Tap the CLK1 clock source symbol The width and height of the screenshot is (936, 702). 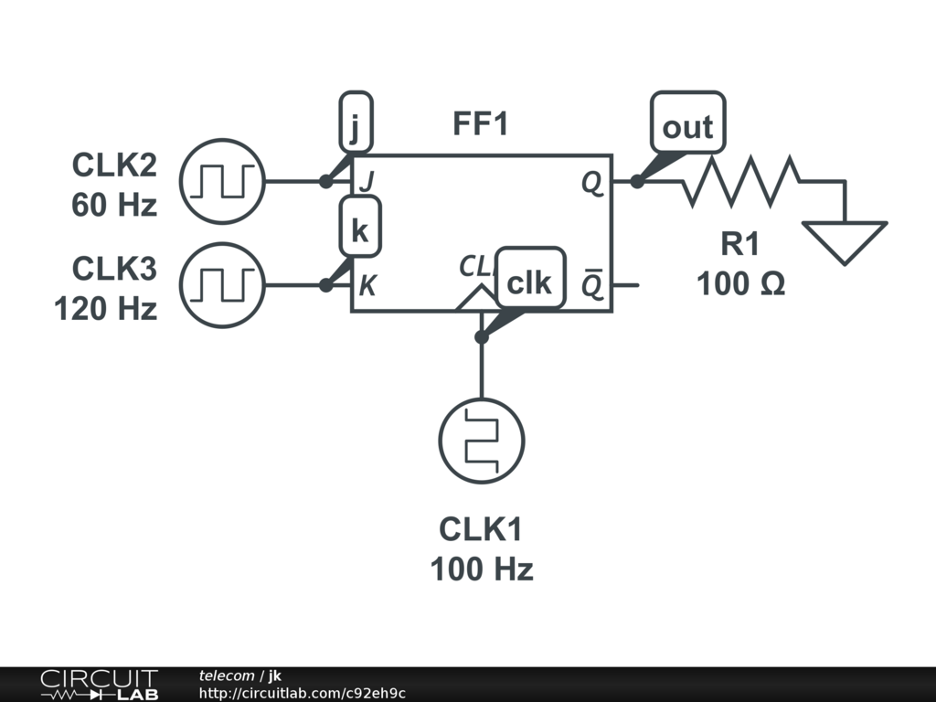pos(482,441)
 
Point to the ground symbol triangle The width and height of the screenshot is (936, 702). pos(845,240)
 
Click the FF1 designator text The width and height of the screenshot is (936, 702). pos(480,124)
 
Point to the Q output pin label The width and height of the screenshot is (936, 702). pos(592,183)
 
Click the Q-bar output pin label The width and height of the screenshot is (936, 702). pos(592,285)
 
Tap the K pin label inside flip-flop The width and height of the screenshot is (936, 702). pos(367,286)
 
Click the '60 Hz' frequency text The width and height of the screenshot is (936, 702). pos(114,205)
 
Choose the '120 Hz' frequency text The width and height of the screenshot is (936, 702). pos(106,309)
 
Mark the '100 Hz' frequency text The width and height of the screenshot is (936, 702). pos(482,569)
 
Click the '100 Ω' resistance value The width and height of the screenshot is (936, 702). pos(740,284)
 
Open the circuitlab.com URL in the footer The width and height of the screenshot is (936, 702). pos(303,693)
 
